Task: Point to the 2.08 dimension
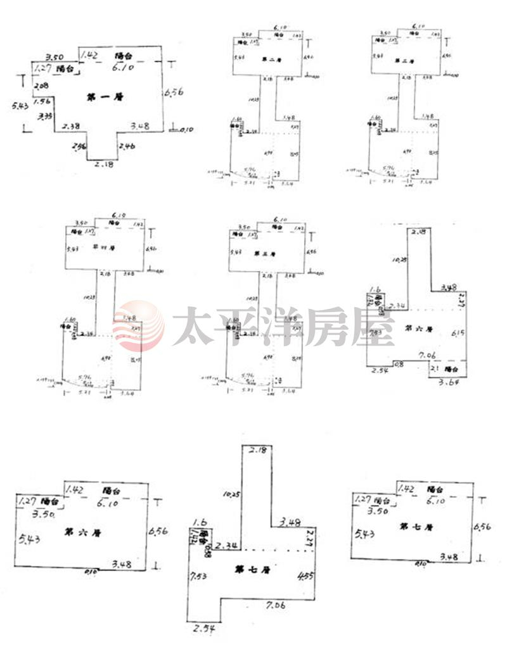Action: click(x=42, y=86)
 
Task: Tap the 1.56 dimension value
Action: click(x=42, y=101)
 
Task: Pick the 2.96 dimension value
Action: click(x=80, y=147)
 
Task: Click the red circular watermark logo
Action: click(x=138, y=327)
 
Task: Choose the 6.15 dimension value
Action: click(x=458, y=333)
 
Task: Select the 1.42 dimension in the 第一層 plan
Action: click(x=90, y=55)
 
